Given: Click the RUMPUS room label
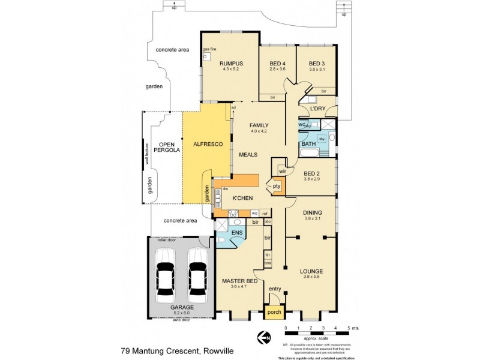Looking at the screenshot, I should click(230, 63).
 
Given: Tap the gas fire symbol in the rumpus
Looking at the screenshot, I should click(206, 57).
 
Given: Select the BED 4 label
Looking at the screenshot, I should click(277, 63).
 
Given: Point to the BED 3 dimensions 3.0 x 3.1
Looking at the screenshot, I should click(316, 69).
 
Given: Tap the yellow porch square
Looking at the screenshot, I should click(274, 311).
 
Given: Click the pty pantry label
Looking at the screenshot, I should click(277, 186).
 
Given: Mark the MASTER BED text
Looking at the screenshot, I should click(239, 281).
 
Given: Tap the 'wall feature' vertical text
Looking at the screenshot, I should click(146, 153).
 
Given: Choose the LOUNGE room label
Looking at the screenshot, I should click(311, 271).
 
